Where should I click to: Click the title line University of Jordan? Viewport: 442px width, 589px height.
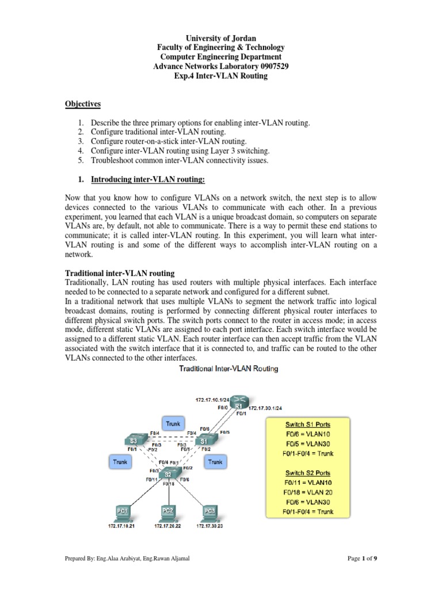[x=221, y=38]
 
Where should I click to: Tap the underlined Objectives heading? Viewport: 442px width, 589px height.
[x=82, y=104]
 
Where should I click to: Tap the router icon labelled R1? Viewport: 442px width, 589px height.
[x=238, y=405]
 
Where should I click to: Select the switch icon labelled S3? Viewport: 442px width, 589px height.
[x=132, y=441]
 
